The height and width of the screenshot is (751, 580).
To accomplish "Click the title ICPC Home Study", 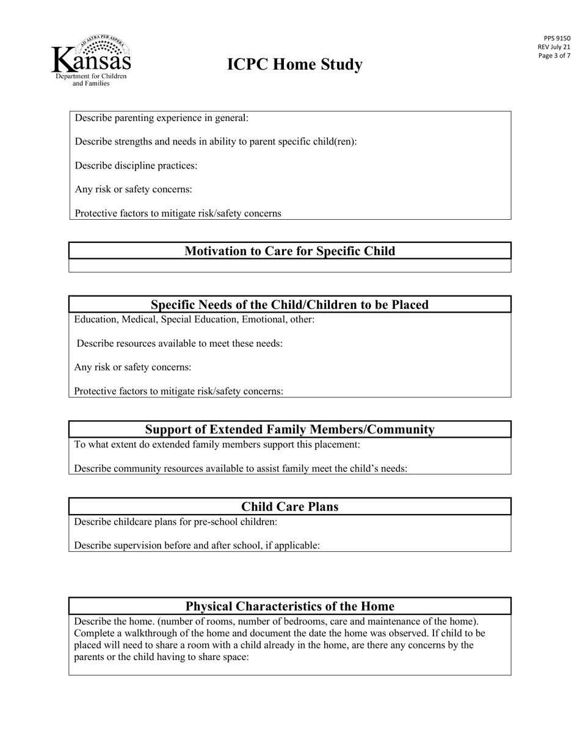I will tap(295, 65).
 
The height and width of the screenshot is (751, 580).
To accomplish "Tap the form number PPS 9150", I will tap(557, 38).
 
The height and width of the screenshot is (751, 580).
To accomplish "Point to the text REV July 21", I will tap(554, 47).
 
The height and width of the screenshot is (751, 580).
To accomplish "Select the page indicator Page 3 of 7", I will tap(554, 56).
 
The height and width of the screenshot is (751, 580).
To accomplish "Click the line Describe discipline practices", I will tap(136, 165).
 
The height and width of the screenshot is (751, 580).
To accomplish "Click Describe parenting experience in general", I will tap(162, 118).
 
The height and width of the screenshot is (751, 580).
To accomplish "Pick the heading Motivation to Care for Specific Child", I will tap(289, 251).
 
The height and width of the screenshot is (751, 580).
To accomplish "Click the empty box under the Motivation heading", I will tap(289, 266).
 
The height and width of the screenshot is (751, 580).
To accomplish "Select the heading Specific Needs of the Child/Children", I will tap(289, 304).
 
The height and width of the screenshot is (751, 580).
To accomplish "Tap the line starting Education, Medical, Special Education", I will tap(194, 319).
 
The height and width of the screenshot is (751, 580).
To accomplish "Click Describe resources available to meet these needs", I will tap(179, 343).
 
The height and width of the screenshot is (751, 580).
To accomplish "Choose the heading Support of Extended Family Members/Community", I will tap(289, 429).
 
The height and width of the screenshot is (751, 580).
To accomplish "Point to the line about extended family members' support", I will tap(217, 444).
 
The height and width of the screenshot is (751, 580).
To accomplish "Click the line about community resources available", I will tap(241, 468).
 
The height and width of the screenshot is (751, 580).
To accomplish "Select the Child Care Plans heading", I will tap(289, 507).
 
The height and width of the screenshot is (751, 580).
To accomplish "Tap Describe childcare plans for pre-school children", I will tap(176, 521).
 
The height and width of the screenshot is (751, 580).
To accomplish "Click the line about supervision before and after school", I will tap(197, 545).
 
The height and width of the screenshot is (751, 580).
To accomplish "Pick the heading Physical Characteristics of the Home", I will tap(289, 606).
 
